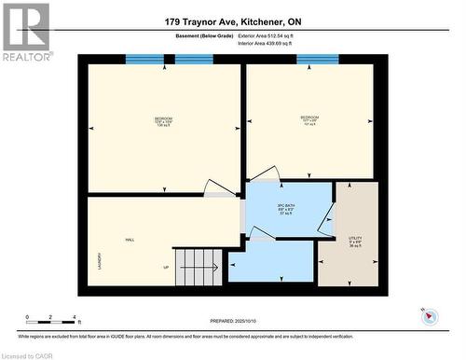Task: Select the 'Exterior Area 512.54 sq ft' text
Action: tap(266, 35)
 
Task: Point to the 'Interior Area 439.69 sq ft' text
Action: tap(266, 43)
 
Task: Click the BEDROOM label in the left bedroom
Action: tap(164, 120)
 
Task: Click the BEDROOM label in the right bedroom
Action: tap(309, 118)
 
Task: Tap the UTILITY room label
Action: tap(355, 241)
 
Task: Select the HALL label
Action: tap(130, 239)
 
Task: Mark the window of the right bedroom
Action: tap(317, 61)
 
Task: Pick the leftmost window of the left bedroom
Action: tap(144, 61)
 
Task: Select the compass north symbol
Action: tap(430, 315)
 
